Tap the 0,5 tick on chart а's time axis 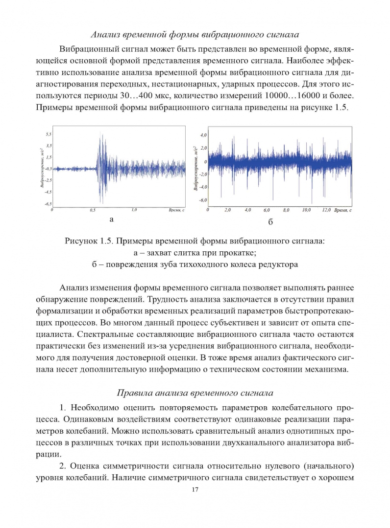coord(93,210)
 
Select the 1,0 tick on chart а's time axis coord(133,210)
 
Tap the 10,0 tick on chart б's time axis coord(307,210)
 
